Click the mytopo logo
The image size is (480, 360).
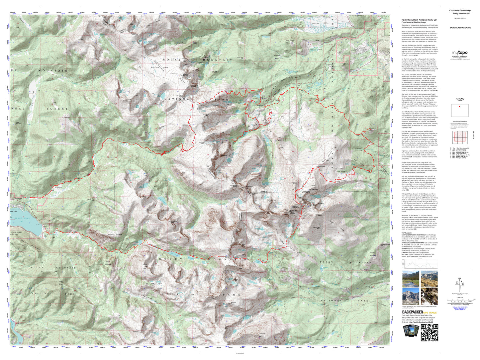[460, 53]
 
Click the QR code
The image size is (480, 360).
[429, 332]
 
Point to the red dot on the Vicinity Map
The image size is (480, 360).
[459, 107]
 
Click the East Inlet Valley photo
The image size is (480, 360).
[411, 279]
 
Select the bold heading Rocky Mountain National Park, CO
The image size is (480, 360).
[419, 20]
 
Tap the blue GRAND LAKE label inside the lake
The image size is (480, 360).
[22, 219]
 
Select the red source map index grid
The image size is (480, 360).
[460, 137]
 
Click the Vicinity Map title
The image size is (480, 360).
[460, 99]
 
